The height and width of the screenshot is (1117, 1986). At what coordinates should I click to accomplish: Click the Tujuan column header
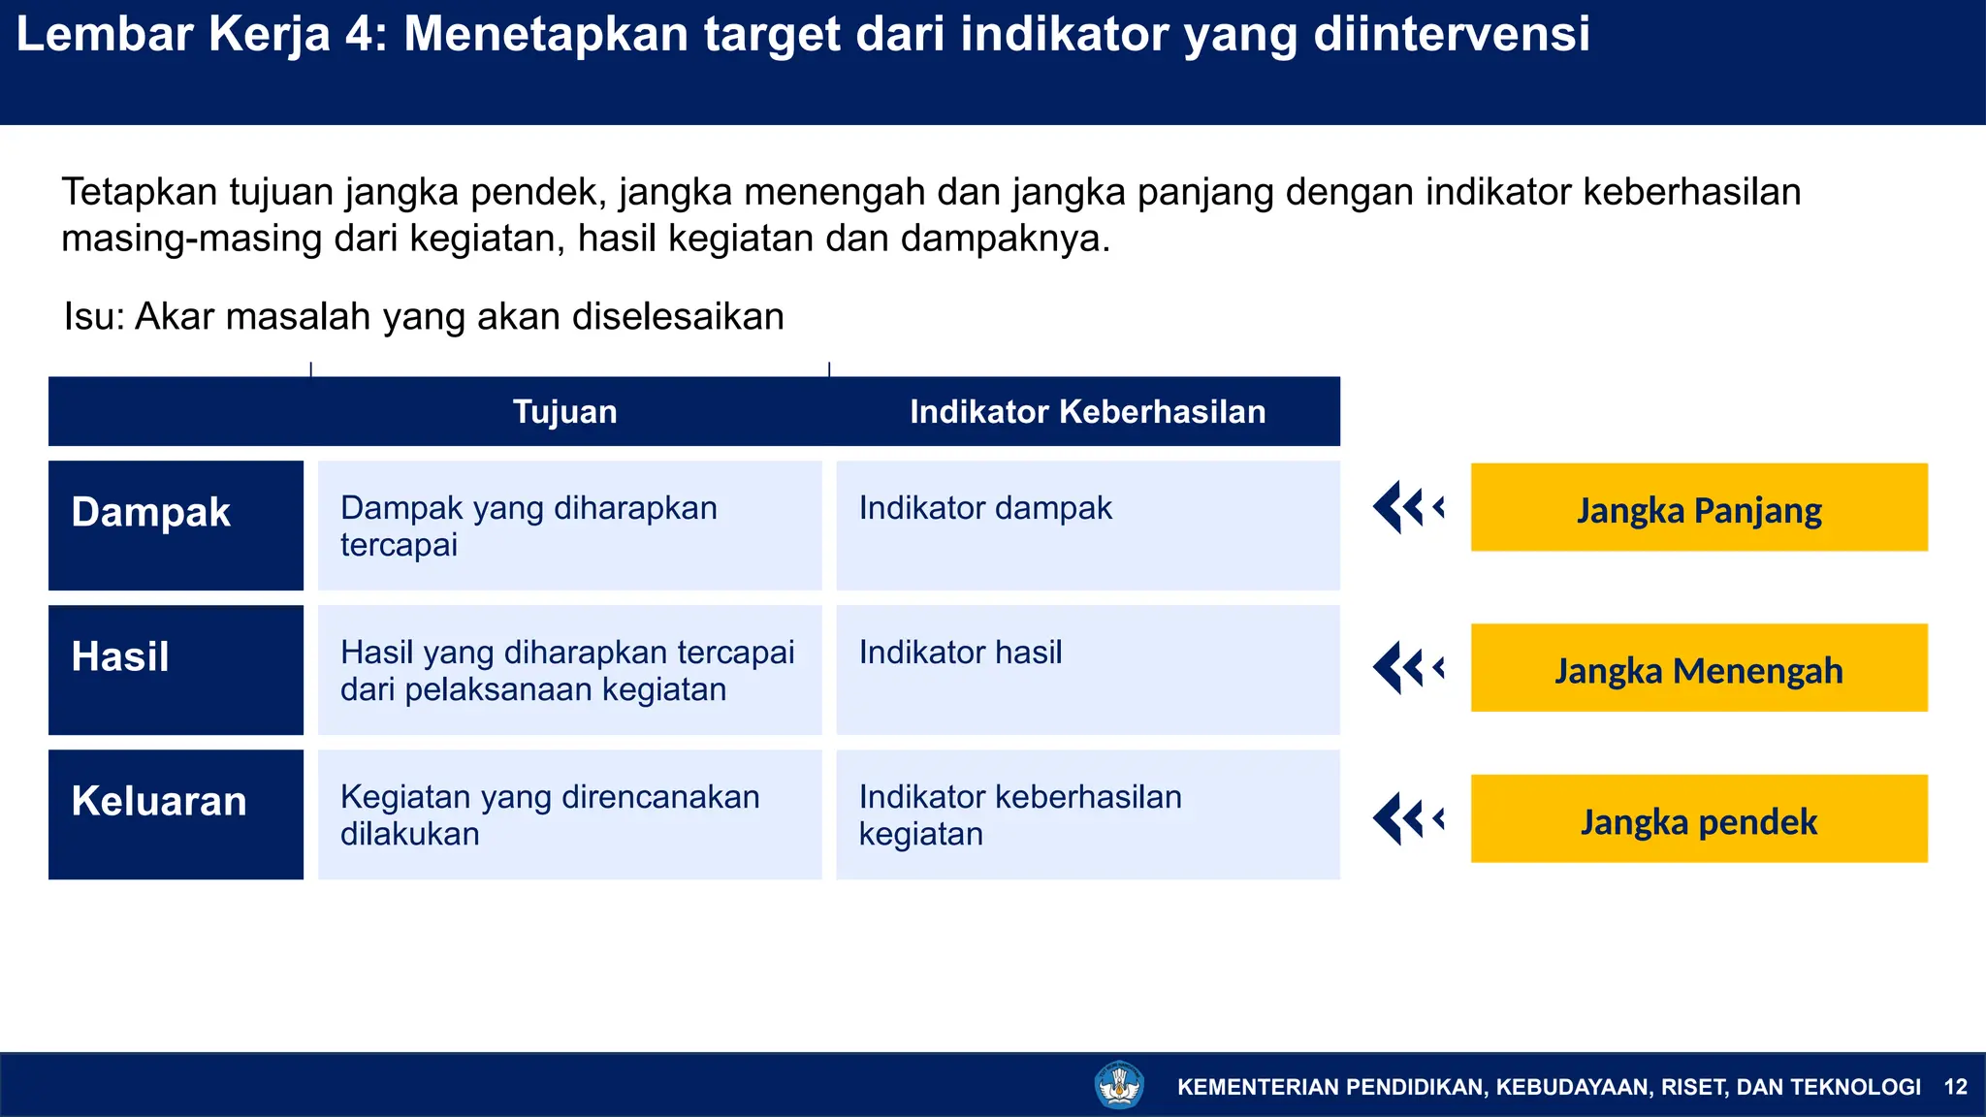coord(564,412)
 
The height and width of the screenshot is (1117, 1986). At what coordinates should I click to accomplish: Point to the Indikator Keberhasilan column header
coord(1087,412)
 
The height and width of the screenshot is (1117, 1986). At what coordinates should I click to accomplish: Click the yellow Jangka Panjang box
coord(1699,508)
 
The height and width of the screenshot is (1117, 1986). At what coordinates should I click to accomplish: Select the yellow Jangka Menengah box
coord(1699,668)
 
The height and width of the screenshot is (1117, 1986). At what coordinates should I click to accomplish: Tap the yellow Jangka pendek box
coord(1699,819)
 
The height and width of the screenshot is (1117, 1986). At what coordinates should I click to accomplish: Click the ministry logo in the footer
coord(1119,1085)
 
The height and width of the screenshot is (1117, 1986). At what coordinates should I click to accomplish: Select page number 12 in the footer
coord(1956,1087)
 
